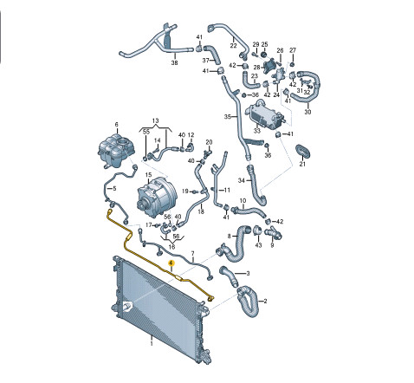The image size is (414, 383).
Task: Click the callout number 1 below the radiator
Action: pyautogui.click(x=152, y=343)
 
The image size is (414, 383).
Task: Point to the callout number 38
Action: pyautogui.click(x=174, y=62)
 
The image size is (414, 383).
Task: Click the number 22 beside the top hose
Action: pyautogui.click(x=233, y=45)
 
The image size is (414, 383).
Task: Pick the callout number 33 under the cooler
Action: pyautogui.click(x=256, y=131)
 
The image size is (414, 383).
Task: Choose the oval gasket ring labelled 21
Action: pyautogui.click(x=303, y=151)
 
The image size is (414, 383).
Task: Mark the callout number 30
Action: pyautogui.click(x=307, y=112)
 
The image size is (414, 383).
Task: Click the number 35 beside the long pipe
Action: pyautogui.click(x=228, y=117)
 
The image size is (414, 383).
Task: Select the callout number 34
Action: pyautogui.click(x=241, y=180)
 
